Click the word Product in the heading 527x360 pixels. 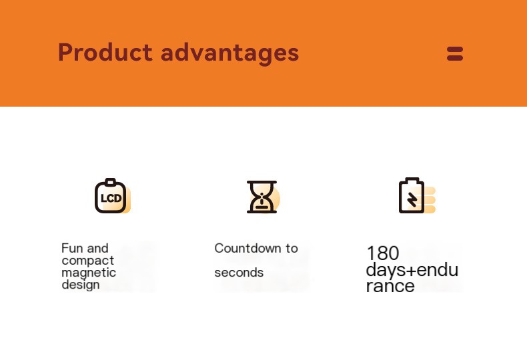[x=105, y=52]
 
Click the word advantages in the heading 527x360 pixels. [x=230, y=54]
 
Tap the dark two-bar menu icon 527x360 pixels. [x=455, y=54]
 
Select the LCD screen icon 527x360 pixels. [x=113, y=196]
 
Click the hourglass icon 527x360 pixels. [x=263, y=197]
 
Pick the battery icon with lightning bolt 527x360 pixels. [x=417, y=195]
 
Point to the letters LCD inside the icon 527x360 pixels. [x=111, y=199]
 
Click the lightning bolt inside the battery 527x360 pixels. [x=412, y=200]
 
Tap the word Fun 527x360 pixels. [x=71, y=249]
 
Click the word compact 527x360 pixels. [x=88, y=261]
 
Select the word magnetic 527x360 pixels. [x=89, y=273]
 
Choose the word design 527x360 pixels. [x=81, y=285]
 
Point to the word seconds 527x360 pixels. [x=239, y=273]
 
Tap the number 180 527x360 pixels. [x=383, y=253]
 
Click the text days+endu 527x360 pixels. [x=412, y=270]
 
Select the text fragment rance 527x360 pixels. [x=390, y=286]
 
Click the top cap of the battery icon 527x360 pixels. [x=412, y=179]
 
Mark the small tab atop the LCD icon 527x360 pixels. [x=110, y=182]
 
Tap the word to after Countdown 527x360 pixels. [x=292, y=249]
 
